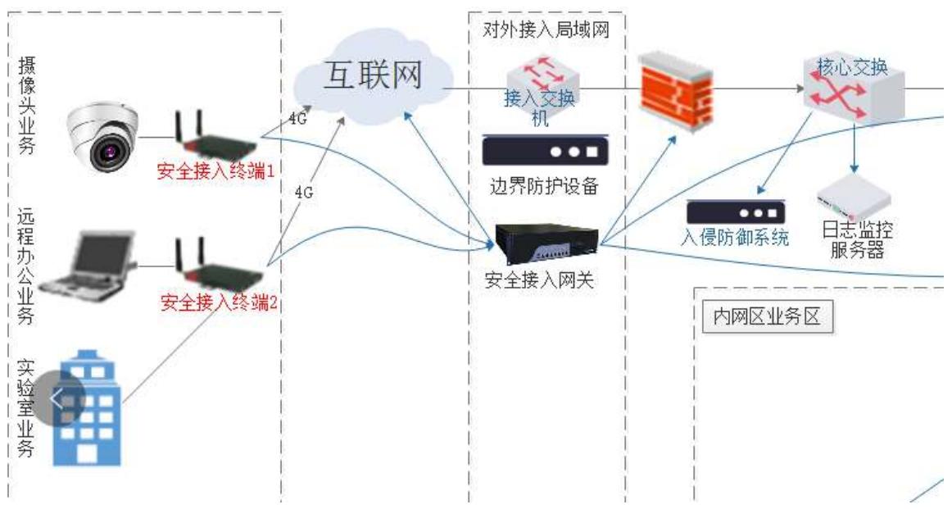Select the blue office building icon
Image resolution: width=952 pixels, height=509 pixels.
click(x=87, y=407)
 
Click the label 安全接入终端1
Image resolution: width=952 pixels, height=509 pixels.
click(x=215, y=171)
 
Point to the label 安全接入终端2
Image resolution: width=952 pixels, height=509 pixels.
click(x=219, y=302)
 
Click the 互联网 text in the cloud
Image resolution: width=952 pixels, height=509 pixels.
click(x=372, y=75)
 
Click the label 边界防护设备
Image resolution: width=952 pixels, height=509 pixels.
click(x=544, y=186)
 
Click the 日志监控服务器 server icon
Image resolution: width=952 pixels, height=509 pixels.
click(x=853, y=198)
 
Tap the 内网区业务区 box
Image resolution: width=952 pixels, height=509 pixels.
click(x=767, y=316)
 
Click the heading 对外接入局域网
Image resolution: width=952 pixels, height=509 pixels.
click(x=546, y=30)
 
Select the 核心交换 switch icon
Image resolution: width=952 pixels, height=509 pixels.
click(x=854, y=89)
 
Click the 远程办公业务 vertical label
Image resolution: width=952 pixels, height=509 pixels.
click(x=25, y=266)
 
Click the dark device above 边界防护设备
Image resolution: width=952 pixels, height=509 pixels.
click(x=545, y=150)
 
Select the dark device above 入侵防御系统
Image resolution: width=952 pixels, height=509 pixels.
click(x=736, y=211)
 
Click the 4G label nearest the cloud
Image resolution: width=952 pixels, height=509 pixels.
click(x=297, y=119)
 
